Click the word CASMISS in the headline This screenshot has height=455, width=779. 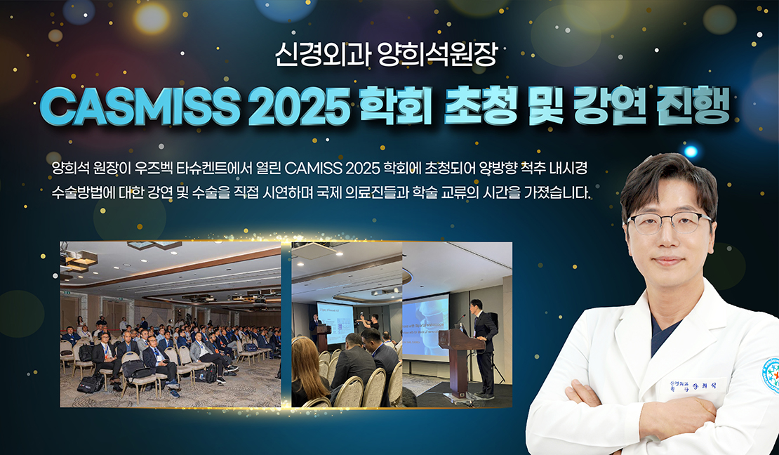(x=140, y=107)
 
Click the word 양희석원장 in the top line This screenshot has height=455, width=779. (x=437, y=54)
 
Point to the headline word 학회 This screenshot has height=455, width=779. (x=395, y=107)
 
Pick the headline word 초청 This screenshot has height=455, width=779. (x=481, y=107)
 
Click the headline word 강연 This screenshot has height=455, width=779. (x=610, y=107)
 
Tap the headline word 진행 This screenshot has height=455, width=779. (x=693, y=107)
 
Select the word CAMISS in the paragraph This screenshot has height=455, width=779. (x=314, y=168)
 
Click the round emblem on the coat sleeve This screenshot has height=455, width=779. (x=771, y=376)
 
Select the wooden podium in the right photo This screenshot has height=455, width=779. (x=460, y=360)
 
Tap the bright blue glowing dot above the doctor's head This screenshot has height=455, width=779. (x=690, y=151)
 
